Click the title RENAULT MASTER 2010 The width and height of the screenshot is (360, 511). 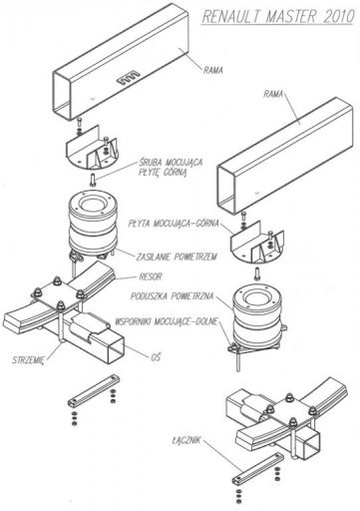click(278, 17)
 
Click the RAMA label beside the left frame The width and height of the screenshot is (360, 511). click(213, 70)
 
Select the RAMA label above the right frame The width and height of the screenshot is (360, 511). click(273, 94)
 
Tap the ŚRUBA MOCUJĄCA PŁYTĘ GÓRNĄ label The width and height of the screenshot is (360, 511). click(171, 168)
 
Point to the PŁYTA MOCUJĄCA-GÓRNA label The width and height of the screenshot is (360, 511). click(174, 224)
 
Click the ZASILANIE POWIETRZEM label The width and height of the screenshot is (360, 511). click(177, 256)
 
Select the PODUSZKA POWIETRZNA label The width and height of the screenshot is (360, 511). click(172, 296)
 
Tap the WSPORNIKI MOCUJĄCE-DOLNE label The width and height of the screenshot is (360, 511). click(167, 321)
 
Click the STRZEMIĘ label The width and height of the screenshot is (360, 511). click(28, 360)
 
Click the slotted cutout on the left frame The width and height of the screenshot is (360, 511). click(129, 77)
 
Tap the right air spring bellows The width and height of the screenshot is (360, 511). click(256, 316)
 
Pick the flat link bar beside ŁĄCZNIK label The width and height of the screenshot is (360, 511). click(258, 467)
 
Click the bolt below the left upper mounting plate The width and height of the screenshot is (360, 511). click(93, 180)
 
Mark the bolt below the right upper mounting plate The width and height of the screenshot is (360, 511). click(257, 273)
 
